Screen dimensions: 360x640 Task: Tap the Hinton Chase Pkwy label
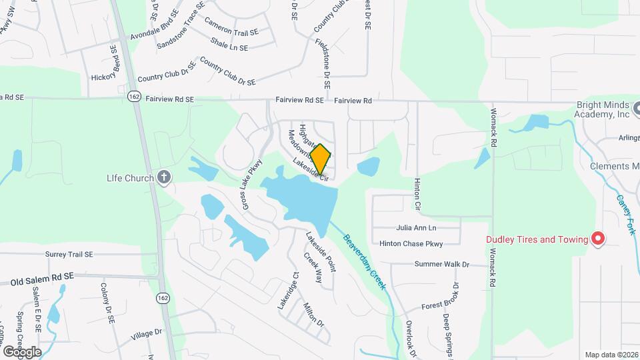(x=411, y=244)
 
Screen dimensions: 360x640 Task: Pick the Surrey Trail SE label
(x=69, y=254)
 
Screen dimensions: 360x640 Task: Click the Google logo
(x=22, y=351)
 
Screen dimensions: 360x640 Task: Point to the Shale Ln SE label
(x=229, y=47)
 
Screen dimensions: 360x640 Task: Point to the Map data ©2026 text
(x=611, y=355)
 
